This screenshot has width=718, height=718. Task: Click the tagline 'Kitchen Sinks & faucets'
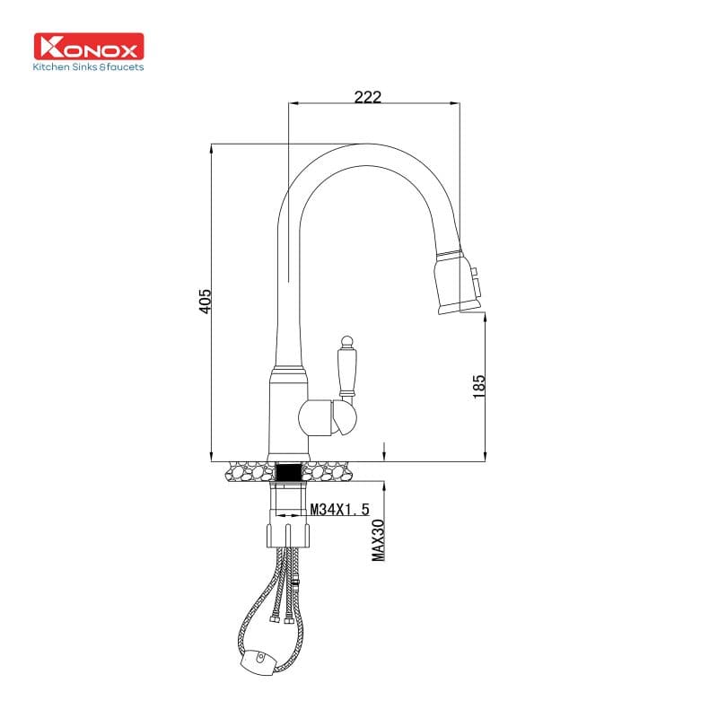pos(88,66)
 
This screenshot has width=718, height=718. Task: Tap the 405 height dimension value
pos(206,301)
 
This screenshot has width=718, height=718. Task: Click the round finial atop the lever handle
pos(345,340)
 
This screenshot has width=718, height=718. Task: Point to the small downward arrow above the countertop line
pos(384,450)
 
